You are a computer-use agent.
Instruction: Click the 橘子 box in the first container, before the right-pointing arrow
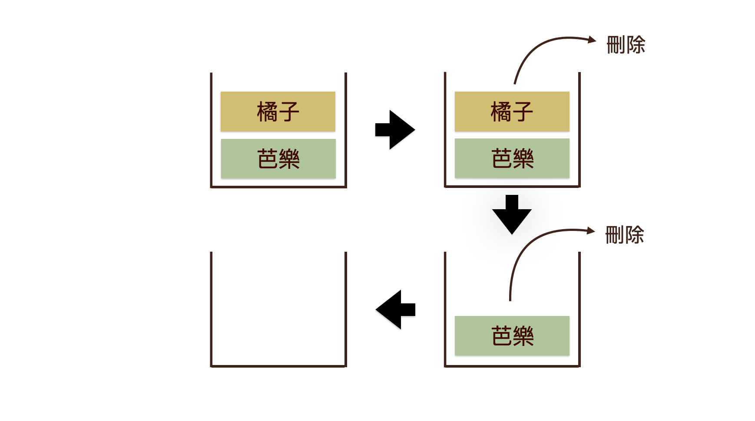coord(278,112)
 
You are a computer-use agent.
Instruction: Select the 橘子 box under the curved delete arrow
coord(512,112)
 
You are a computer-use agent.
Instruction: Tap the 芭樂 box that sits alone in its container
coord(512,335)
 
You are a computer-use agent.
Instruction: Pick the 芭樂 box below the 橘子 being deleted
coord(512,158)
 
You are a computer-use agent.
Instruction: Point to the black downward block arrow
coord(512,215)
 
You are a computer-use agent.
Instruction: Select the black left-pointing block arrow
coord(395,309)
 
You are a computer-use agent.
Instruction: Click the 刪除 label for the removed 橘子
coord(626,45)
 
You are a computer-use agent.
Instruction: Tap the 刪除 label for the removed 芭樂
coord(624,235)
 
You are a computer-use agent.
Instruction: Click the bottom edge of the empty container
coord(278,366)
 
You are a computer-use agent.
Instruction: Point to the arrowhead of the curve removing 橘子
coord(592,39)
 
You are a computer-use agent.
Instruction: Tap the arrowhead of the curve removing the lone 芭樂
coord(591,230)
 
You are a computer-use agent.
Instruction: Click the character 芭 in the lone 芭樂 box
coord(501,336)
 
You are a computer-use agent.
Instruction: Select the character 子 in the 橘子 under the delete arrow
coord(523,112)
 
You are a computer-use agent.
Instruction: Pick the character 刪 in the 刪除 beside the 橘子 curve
coord(616,45)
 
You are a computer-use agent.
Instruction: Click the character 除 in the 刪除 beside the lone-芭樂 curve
coord(634,235)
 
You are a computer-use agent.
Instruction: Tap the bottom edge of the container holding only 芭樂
coord(512,366)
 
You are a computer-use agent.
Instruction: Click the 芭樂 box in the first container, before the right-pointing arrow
coord(278,159)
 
